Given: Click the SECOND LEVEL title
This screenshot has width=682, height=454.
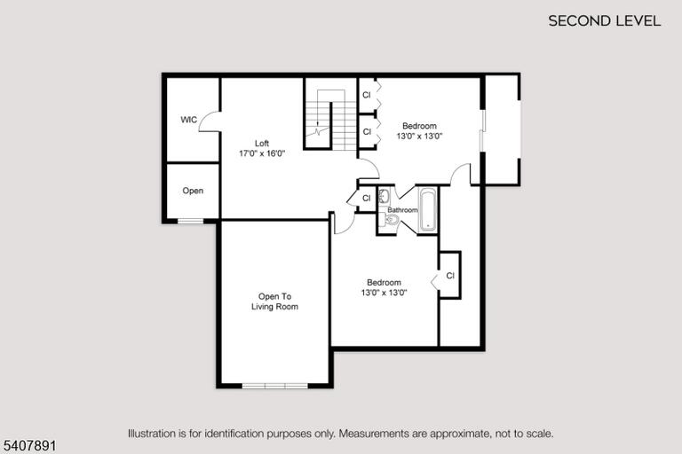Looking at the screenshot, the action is click(604, 21).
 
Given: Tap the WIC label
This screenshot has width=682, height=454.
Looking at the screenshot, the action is click(189, 120).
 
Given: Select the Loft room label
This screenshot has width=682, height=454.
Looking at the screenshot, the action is click(262, 143).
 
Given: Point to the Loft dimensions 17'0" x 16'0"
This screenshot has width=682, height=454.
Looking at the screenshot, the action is click(262, 153).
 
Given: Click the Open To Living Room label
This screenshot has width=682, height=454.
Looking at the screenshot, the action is click(275, 301).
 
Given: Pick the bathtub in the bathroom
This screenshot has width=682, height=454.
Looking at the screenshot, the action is click(428, 209).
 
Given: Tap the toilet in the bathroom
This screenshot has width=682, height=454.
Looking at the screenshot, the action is click(389, 220).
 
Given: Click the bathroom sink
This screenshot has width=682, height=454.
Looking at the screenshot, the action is click(384, 196).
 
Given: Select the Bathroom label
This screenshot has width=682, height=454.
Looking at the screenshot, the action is click(402, 210).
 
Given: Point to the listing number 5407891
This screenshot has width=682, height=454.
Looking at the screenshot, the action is click(30, 446).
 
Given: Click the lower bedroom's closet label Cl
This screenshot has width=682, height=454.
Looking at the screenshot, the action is click(450, 276).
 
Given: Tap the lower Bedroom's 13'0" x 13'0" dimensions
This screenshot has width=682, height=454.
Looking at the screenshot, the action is click(384, 293).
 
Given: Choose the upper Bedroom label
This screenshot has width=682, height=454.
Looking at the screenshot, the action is click(419, 126).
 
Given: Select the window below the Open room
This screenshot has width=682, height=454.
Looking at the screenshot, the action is click(191, 221).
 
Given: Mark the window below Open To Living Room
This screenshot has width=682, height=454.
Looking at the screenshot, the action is click(275, 386).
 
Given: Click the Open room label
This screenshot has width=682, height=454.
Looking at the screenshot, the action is click(193, 191).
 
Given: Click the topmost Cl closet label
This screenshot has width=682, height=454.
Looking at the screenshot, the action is click(367, 95).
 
